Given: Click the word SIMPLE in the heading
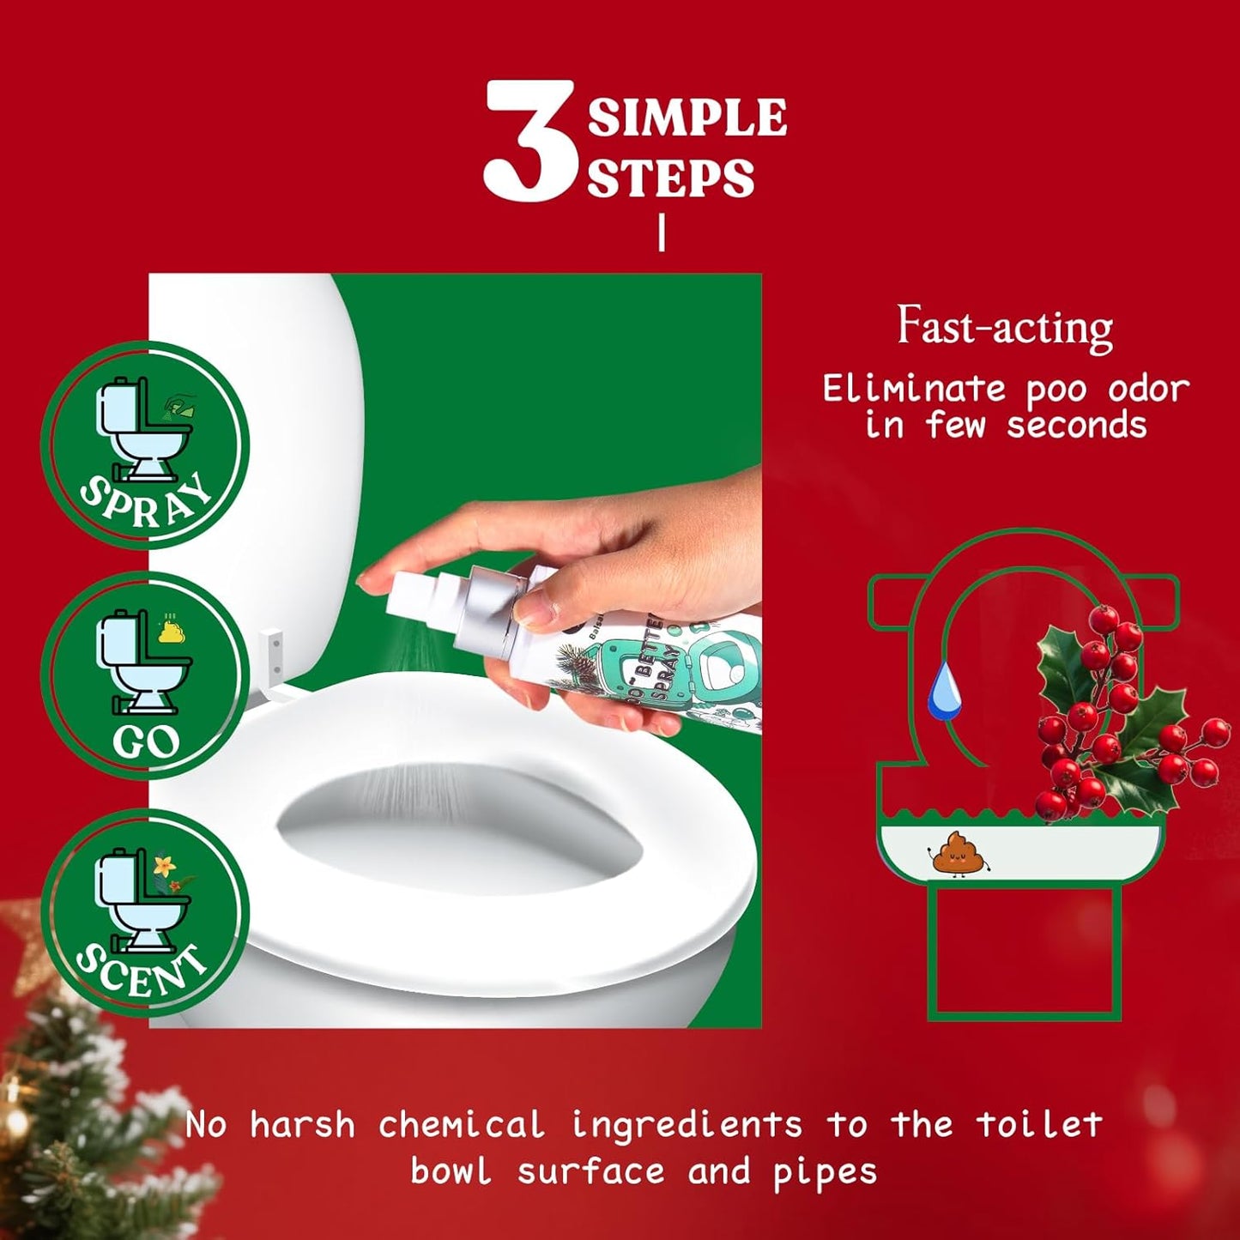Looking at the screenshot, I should [x=687, y=118].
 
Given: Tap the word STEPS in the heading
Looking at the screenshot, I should [x=670, y=178].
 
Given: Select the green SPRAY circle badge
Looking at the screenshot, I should [x=144, y=445].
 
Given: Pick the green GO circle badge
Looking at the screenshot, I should [x=144, y=676].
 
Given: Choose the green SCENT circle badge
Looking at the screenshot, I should [x=144, y=912].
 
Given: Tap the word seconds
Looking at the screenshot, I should [x=1076, y=425].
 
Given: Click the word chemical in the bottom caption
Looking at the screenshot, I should [x=461, y=1124].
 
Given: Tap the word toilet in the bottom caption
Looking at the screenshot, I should [x=1037, y=1124].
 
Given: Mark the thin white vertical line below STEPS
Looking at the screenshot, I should [x=661, y=233].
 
